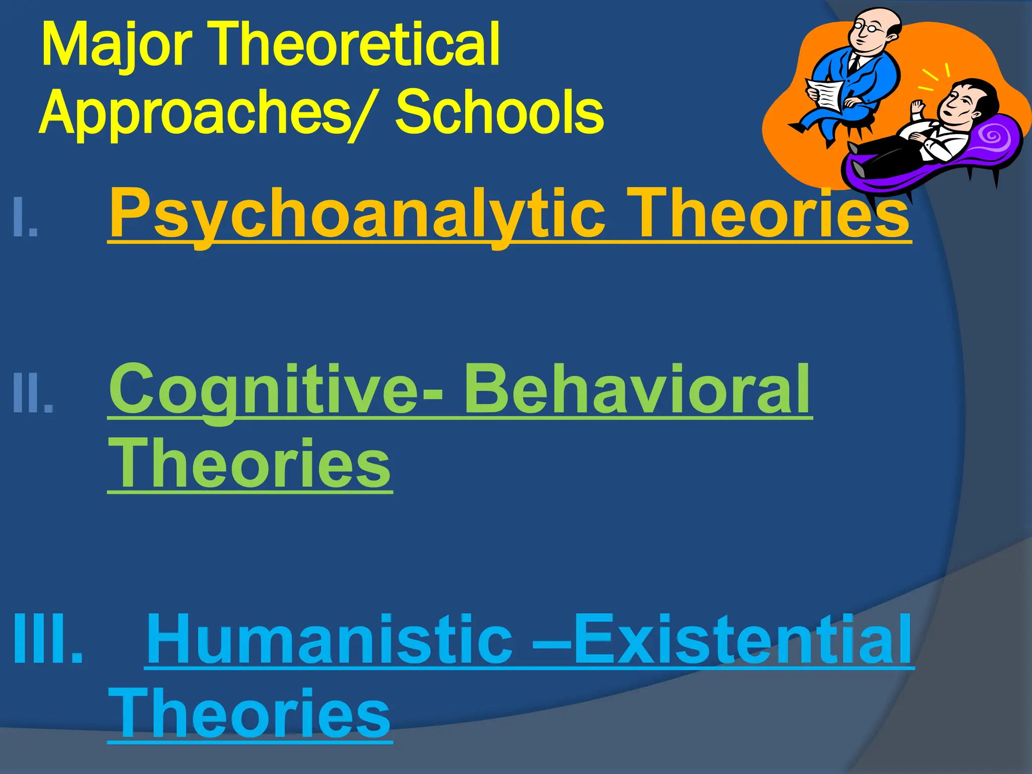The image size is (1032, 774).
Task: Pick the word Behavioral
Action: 637,389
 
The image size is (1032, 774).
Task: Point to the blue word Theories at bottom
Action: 249,714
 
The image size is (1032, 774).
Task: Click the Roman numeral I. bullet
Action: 25,217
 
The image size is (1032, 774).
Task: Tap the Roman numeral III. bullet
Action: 48,640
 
